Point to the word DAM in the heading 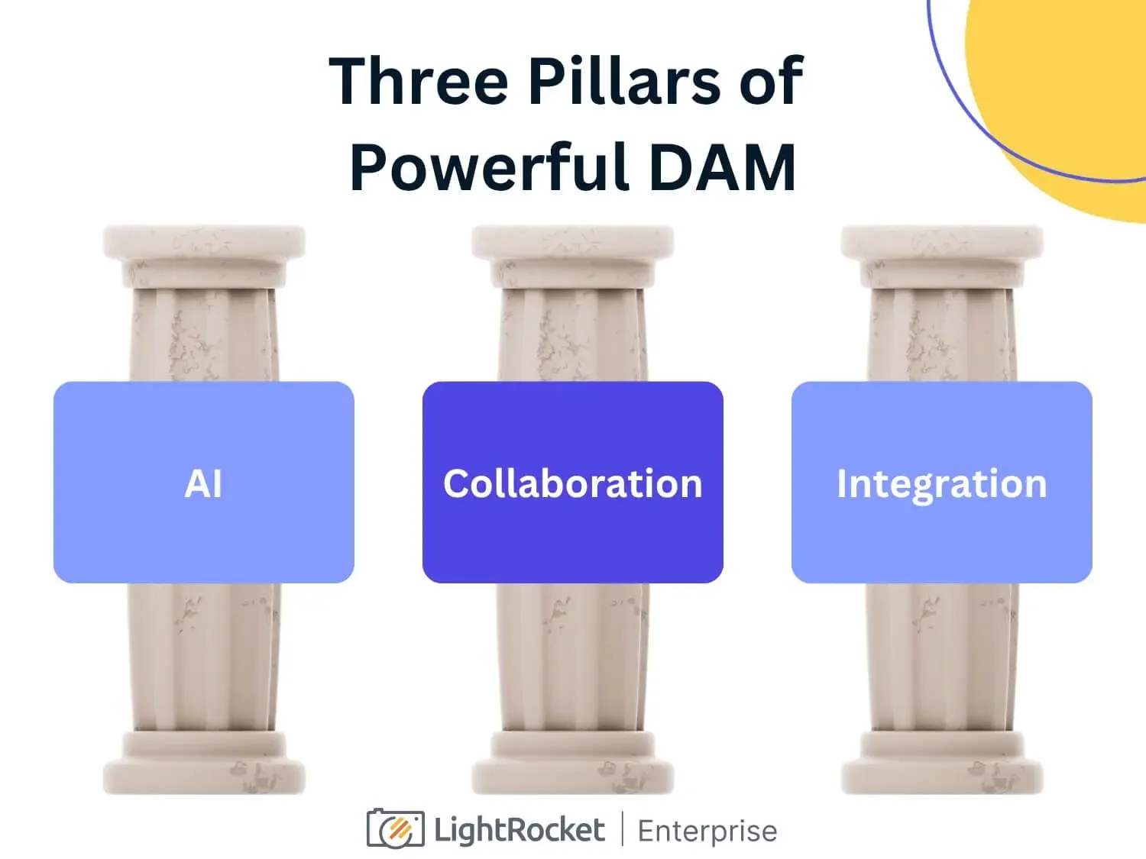coord(722,167)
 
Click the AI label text coord(203,484)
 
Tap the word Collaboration coord(572,484)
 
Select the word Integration coord(941,484)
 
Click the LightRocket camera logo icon coord(395,828)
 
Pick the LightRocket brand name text coord(520,830)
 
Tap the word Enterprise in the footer coord(707,831)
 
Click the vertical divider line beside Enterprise coord(621,829)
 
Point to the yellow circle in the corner coord(1070,92)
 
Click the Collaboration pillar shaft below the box coord(573,657)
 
